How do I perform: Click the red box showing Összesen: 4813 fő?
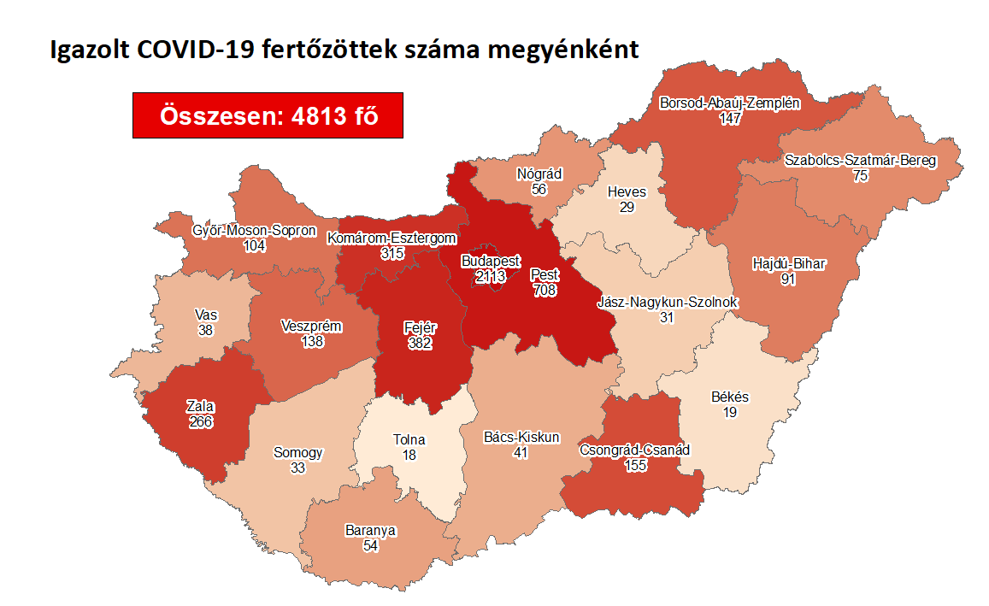tap(268, 115)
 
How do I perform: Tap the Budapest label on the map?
tap(490, 260)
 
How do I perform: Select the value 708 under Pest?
tap(545, 291)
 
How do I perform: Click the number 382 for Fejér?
tap(420, 343)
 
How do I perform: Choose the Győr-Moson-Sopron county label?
tap(255, 231)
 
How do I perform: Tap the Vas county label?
tap(205, 315)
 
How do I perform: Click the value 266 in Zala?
tap(202, 421)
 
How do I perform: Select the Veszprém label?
tap(312, 326)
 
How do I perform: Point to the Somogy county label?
tap(297, 453)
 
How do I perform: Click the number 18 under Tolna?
tap(409, 456)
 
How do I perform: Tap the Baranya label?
tap(370, 530)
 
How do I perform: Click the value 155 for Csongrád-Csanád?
tap(634, 465)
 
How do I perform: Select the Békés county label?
tap(730, 397)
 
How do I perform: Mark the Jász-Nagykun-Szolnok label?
tap(667, 303)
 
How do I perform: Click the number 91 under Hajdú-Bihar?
tap(788, 279)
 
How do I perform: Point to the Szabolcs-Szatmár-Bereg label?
tap(861, 161)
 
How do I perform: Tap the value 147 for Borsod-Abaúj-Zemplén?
tap(729, 119)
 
